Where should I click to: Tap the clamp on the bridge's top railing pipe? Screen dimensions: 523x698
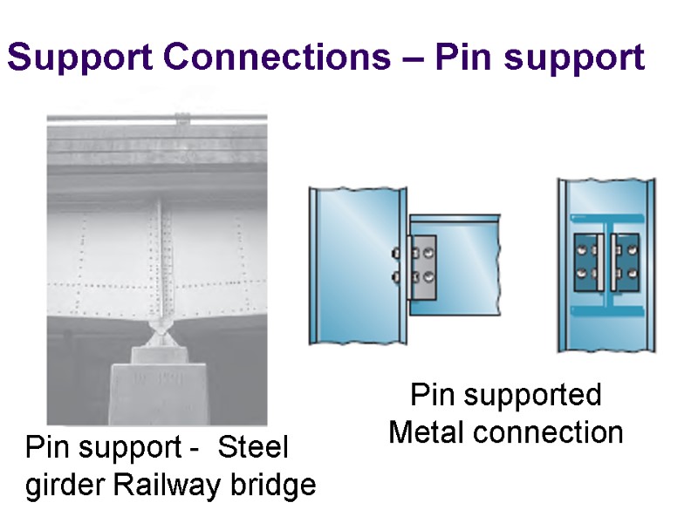(x=181, y=118)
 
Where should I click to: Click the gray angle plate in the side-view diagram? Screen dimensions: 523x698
(x=421, y=266)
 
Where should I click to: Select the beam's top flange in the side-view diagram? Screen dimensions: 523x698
(x=454, y=214)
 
